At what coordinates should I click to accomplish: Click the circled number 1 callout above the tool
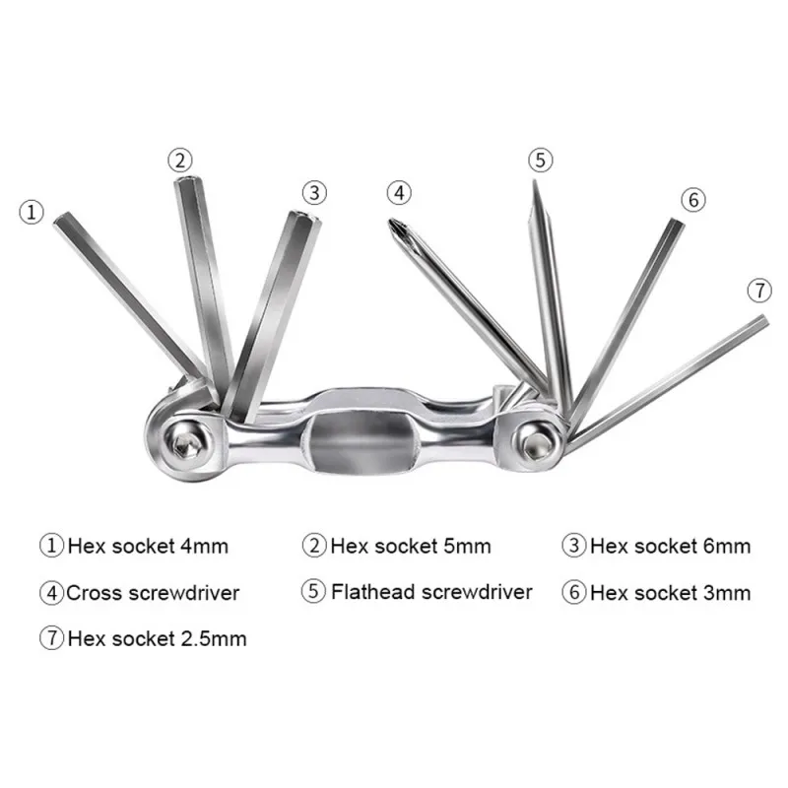pos(33,211)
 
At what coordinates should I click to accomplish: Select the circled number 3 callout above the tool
pos(313,192)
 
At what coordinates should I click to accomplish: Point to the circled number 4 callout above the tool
pos(397,191)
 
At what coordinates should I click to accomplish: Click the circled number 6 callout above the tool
pos(692,199)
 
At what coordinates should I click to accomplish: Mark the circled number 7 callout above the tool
pos(757,291)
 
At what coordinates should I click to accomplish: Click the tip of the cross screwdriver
pos(395,224)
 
